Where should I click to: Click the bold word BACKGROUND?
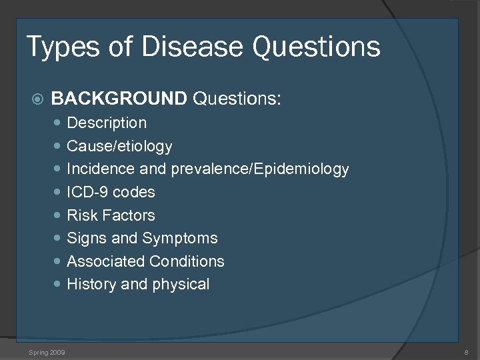pyautogui.click(x=119, y=99)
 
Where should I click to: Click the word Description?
pyautogui.click(x=107, y=123)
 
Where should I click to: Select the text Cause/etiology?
pyautogui.click(x=119, y=146)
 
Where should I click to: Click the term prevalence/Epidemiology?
pyautogui.click(x=260, y=169)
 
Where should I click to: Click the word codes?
pyautogui.click(x=134, y=193)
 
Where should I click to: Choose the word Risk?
pyautogui.click(x=82, y=215)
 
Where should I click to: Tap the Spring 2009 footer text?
pyautogui.click(x=47, y=351)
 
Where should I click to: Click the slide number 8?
pyautogui.click(x=466, y=351)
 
